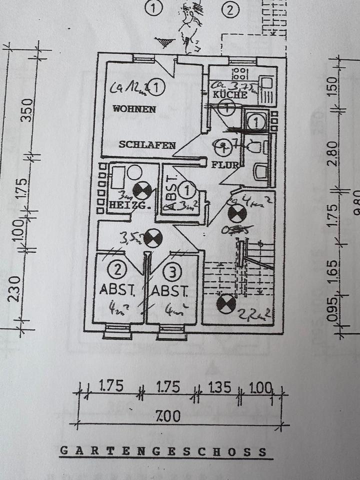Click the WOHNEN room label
134,108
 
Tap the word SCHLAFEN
147,145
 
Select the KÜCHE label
230,94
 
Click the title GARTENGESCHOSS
163,451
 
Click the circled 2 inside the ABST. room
118,271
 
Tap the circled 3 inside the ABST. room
172,272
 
